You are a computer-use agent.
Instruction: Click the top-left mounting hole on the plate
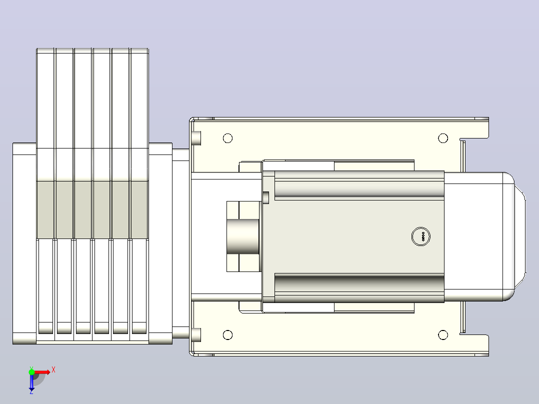click(227, 138)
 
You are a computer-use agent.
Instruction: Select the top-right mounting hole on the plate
click(443, 138)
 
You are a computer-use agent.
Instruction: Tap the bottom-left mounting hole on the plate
click(227, 335)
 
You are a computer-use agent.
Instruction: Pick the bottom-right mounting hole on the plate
click(443, 335)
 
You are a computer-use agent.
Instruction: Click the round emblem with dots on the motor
click(421, 236)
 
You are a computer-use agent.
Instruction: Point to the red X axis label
click(53, 370)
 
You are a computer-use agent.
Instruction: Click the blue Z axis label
click(31, 391)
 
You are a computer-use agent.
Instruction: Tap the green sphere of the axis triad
click(31, 372)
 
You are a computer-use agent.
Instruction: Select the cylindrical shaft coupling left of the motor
click(242, 236)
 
